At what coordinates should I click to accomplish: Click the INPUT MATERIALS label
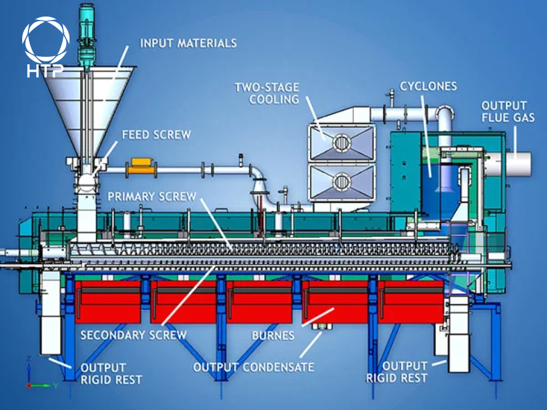tap(188, 43)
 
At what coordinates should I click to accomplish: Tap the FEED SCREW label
tap(157, 135)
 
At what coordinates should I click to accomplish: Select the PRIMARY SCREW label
tap(152, 196)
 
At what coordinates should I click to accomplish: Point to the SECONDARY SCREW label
tap(133, 335)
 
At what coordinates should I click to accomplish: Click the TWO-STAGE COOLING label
tap(267, 93)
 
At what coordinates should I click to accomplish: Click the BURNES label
tap(273, 335)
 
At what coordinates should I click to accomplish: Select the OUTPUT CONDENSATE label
tap(254, 367)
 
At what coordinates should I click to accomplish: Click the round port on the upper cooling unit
tap(341, 141)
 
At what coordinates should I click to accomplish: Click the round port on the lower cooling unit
tap(341, 182)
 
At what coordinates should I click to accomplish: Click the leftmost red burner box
tap(108, 301)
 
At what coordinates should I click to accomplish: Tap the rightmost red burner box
tap(410, 301)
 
